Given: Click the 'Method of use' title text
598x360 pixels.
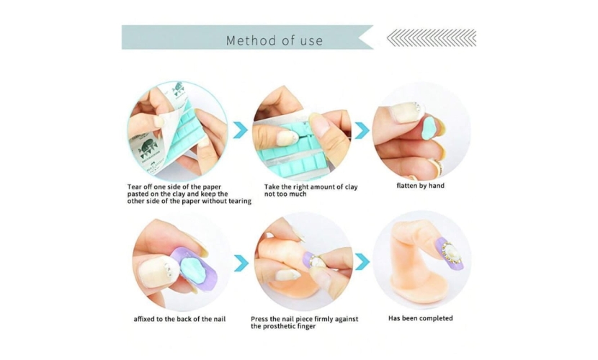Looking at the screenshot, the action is tap(275, 40).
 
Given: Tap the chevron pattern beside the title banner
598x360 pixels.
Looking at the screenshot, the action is tap(432, 37).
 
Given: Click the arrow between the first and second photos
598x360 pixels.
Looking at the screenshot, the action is tap(240, 130).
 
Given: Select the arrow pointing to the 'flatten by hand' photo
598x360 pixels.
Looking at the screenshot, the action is tap(362, 130).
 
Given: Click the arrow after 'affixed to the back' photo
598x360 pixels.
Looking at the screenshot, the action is tap(241, 264).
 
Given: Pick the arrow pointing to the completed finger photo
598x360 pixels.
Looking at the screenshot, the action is tap(362, 261).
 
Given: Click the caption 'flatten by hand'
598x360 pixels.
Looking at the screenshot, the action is tap(420, 186).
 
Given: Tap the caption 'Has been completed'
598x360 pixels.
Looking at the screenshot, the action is tap(420, 318).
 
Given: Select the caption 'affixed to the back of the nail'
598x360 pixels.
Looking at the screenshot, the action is tap(179, 319).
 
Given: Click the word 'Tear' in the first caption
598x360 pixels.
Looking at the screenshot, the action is tap(134, 187).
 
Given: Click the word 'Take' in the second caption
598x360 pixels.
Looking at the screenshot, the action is tap(272, 187).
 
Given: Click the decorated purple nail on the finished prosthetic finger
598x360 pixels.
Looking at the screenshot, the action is tap(450, 253).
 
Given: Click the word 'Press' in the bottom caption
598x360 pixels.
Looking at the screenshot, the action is tap(259, 319).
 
